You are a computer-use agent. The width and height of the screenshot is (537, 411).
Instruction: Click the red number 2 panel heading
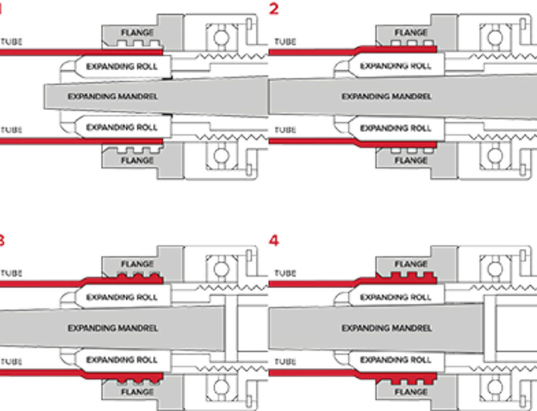pyautogui.click(x=274, y=9)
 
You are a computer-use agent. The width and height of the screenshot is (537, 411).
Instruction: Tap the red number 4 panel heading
pyautogui.click(x=274, y=240)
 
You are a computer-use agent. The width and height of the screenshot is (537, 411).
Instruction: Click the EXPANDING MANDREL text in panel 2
pyautogui.click(x=387, y=97)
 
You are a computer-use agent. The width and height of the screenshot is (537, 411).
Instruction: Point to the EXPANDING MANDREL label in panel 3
pyautogui.click(x=113, y=328)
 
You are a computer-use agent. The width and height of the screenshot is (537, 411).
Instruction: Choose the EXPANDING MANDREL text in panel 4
pyautogui.click(x=387, y=328)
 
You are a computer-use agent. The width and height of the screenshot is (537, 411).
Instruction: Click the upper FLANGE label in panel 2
pyautogui.click(x=410, y=33)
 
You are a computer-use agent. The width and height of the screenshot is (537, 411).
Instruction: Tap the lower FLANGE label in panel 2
pyautogui.click(x=410, y=160)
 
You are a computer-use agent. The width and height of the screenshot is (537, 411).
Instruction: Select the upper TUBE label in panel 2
pyautogui.click(x=285, y=42)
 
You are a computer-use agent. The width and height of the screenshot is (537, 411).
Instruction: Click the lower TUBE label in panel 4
pyautogui.click(x=285, y=361)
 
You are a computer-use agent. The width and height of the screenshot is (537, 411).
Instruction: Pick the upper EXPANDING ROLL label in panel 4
pyautogui.click(x=395, y=297)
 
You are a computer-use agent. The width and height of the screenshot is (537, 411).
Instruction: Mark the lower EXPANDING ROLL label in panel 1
pyautogui.click(x=122, y=128)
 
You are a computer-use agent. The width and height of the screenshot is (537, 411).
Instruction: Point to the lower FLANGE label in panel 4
pyautogui.click(x=410, y=392)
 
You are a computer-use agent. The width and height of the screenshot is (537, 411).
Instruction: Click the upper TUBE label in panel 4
pyautogui.click(x=285, y=273)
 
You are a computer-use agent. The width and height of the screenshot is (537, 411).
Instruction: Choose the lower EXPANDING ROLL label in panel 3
pyautogui.click(x=122, y=359)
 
